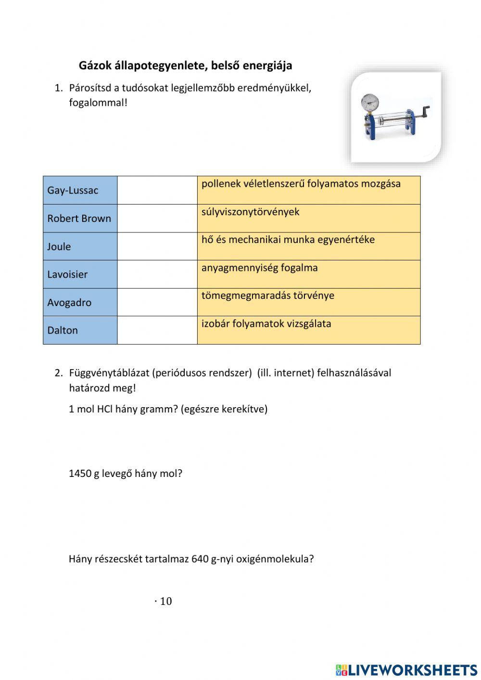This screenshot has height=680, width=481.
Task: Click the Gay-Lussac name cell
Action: (x=80, y=190)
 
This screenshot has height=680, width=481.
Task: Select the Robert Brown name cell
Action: (x=80, y=218)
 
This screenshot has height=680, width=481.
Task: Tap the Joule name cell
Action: (x=80, y=246)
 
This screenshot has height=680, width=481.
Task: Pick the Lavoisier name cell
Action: (x=80, y=274)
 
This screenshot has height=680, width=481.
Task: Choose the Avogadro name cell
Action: (x=80, y=302)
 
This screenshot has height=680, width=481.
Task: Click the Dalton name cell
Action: (x=80, y=330)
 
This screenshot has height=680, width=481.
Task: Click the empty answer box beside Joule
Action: (x=157, y=246)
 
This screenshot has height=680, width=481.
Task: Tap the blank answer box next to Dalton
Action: (x=157, y=330)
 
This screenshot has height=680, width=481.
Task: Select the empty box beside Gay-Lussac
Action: (x=157, y=190)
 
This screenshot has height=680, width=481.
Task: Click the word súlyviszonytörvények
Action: (x=250, y=212)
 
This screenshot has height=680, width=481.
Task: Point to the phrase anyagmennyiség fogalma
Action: (x=259, y=268)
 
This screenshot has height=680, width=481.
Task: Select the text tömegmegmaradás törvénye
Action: (x=267, y=295)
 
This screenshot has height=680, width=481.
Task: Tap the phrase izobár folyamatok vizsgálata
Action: (x=266, y=323)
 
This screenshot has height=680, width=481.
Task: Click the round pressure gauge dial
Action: (x=369, y=101)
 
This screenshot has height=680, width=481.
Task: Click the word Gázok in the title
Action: (x=94, y=65)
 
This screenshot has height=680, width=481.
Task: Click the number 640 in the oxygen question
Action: (x=200, y=559)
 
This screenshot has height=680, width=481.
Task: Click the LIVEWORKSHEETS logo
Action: (x=406, y=670)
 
